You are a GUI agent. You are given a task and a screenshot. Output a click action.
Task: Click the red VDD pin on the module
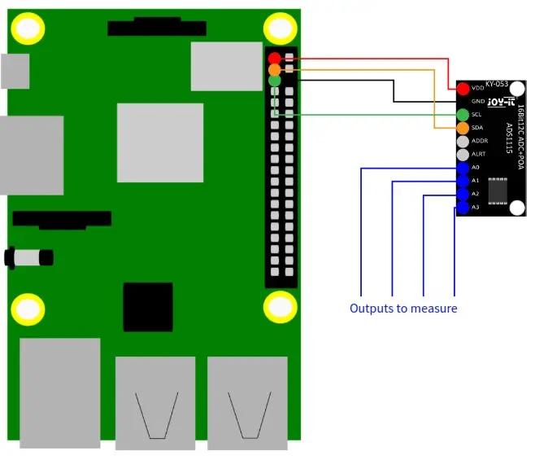463,88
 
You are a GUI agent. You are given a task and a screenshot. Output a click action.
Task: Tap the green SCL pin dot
463,115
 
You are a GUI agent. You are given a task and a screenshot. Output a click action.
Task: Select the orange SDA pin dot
463,128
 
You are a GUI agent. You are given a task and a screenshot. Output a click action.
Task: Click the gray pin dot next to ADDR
463,141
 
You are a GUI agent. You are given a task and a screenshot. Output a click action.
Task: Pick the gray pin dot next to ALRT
463,155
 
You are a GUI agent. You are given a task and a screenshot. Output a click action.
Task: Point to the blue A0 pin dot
463,168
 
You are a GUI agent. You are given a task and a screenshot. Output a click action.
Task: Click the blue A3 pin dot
463,208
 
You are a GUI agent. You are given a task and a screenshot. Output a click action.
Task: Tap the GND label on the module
478,102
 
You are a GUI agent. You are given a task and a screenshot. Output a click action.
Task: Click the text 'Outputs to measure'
403,309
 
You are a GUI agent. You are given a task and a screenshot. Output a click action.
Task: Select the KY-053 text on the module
497,84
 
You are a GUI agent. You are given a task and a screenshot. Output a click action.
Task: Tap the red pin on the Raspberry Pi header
275,59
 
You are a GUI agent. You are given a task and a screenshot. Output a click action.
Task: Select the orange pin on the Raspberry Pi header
275,70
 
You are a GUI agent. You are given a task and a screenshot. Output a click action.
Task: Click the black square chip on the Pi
148,307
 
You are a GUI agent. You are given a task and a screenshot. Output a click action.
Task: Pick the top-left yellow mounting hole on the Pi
28,28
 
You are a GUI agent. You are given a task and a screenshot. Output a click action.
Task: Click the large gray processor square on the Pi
160,142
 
